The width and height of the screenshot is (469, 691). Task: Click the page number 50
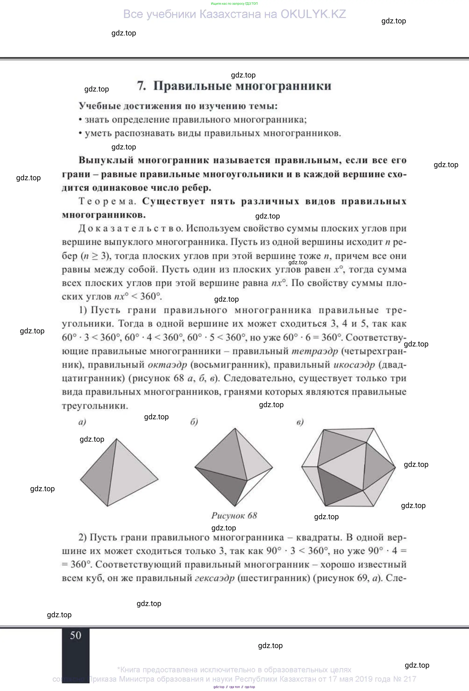click(75, 635)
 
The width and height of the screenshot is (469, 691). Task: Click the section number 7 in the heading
click(141, 86)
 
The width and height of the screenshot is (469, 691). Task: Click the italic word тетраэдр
click(315, 351)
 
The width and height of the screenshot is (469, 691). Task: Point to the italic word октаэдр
click(167, 365)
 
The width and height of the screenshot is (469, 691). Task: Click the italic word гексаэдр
click(215, 578)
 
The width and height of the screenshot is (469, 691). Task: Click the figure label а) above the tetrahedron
click(82, 422)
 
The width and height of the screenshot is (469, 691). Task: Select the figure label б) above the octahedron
click(194, 422)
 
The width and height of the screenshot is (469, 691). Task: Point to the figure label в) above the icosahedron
click(300, 422)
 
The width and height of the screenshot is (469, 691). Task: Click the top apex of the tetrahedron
click(116, 439)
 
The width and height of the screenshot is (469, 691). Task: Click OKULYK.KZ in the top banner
click(313, 14)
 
